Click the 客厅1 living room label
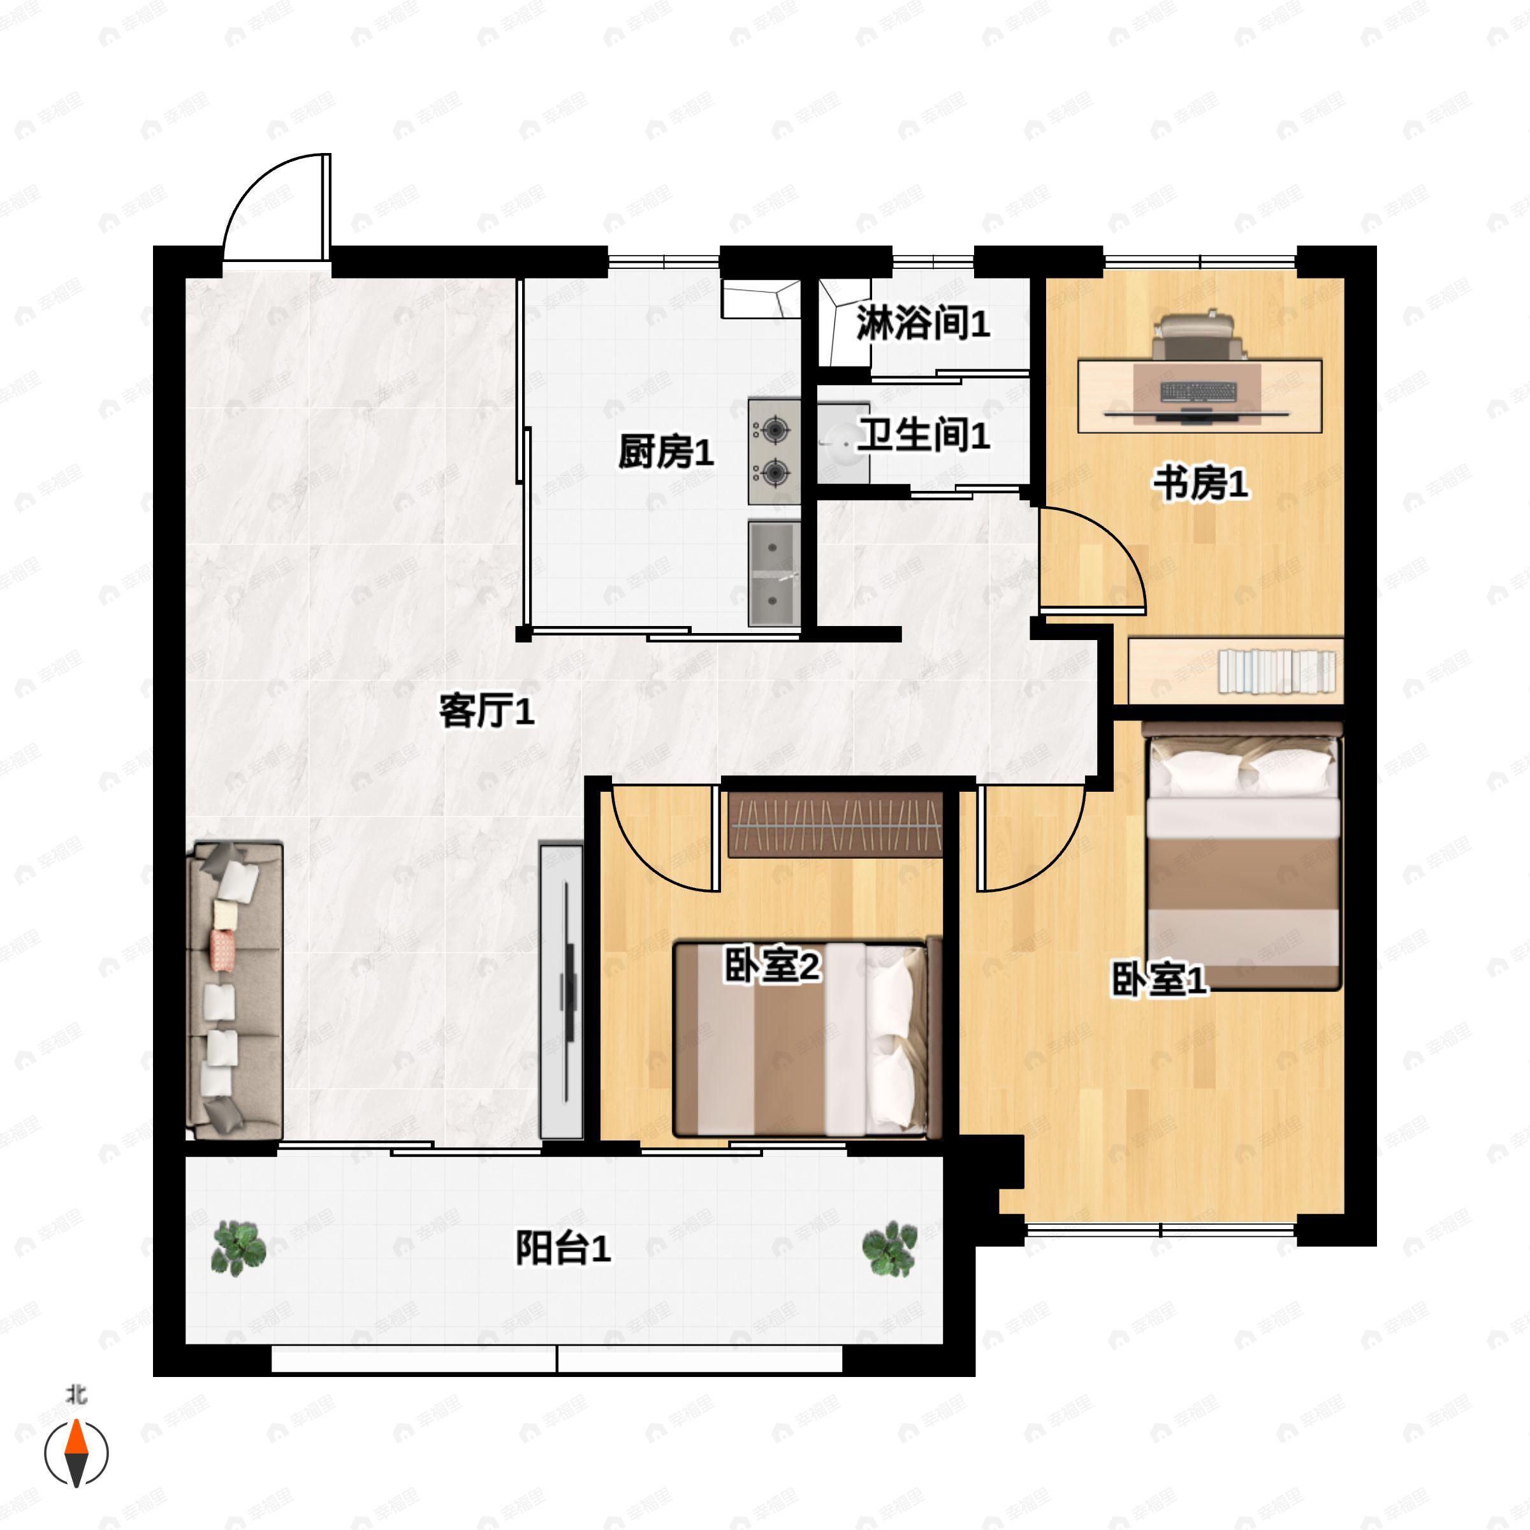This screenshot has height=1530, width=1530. pyautogui.click(x=486, y=711)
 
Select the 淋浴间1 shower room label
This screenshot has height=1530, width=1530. pyautogui.click(x=922, y=324)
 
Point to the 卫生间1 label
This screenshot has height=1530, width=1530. pyautogui.click(x=924, y=435)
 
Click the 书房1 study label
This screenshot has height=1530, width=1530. pyautogui.click(x=1200, y=483)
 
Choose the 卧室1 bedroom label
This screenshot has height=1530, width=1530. pyautogui.click(x=1160, y=980)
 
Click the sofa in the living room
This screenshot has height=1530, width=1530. pyautogui.click(x=235, y=991)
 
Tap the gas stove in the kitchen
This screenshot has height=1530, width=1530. pyautogui.click(x=772, y=451)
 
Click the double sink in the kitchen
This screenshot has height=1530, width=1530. pyautogui.click(x=774, y=572)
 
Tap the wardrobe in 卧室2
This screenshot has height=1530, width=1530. pyautogui.click(x=836, y=824)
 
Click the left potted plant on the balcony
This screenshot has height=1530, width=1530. pyautogui.click(x=238, y=1249)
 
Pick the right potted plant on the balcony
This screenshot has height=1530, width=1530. pyautogui.click(x=889, y=1249)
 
